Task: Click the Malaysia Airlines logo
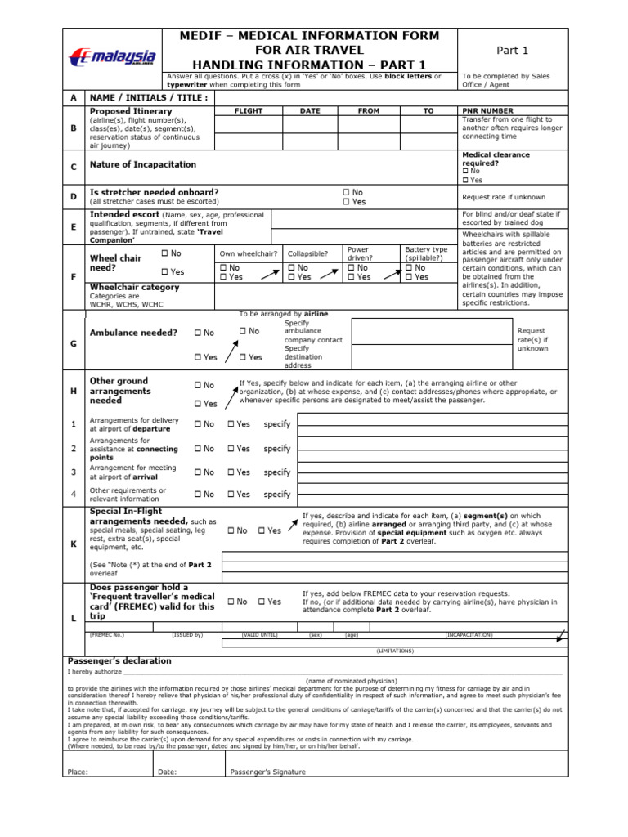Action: click(113, 57)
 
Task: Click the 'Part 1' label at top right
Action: click(513, 51)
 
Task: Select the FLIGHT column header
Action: click(248, 110)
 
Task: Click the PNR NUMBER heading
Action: click(487, 110)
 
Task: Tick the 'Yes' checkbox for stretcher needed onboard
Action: click(347, 202)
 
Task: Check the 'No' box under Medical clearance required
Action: click(466, 171)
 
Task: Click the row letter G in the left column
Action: click(74, 344)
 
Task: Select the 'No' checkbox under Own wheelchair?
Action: click(223, 267)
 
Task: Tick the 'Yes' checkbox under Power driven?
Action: click(352, 277)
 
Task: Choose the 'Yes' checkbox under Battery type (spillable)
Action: click(409, 277)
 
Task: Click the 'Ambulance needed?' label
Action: click(133, 333)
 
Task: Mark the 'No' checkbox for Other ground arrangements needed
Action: click(198, 385)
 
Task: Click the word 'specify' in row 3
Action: click(277, 472)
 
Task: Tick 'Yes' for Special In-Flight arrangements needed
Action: click(262, 530)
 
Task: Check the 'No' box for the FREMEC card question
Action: click(231, 602)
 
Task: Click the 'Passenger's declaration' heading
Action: click(119, 660)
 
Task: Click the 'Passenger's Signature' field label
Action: click(268, 772)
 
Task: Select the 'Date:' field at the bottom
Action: click(167, 772)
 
